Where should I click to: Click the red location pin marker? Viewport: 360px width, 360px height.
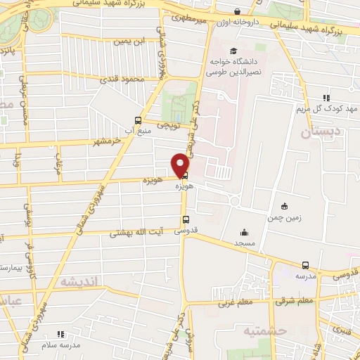point(181,164)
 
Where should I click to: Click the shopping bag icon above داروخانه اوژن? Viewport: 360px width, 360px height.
point(237,12)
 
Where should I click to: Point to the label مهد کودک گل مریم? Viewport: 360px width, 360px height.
point(327,109)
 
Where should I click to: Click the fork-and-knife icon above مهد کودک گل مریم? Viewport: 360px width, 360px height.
point(326,98)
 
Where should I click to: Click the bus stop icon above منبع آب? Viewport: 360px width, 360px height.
point(138,120)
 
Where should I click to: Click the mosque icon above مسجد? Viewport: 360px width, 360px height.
point(244,233)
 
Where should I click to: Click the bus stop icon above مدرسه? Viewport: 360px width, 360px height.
point(305,265)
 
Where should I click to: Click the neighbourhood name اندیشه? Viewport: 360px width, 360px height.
point(82,281)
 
